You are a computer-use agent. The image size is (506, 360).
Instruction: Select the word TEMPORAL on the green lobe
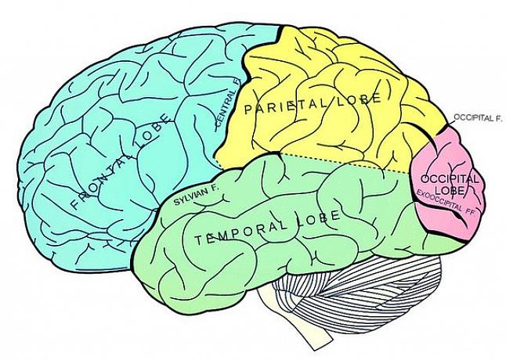point(241,232)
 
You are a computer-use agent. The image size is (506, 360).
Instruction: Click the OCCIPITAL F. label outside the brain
point(478,117)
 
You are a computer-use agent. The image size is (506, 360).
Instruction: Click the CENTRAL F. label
point(228,103)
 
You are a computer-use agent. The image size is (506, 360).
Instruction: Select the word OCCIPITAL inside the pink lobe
point(449,179)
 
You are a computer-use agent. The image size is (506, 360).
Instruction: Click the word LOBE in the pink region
point(449,190)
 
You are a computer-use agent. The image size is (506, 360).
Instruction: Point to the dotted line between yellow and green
point(345,163)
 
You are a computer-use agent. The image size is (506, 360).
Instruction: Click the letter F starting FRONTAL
point(75,204)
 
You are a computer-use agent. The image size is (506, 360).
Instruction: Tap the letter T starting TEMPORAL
point(199,240)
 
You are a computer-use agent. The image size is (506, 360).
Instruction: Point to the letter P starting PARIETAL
point(248,110)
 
